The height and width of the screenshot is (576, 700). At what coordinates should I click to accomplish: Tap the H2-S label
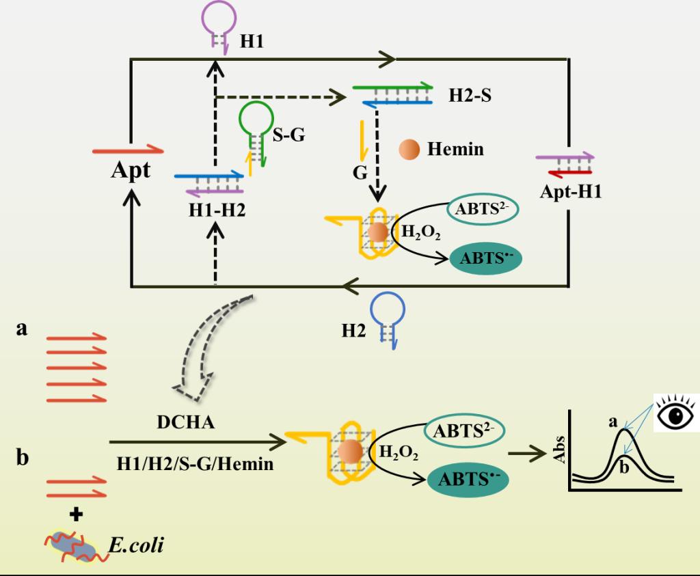pyautogui.click(x=470, y=95)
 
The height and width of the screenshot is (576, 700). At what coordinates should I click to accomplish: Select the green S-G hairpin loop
pyautogui.click(x=256, y=105)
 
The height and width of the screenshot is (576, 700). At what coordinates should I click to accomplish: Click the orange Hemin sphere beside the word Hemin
pyautogui.click(x=409, y=149)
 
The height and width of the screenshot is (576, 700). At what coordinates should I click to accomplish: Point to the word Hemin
pyautogui.click(x=455, y=149)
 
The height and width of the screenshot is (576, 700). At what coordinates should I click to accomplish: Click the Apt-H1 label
pyautogui.click(x=571, y=191)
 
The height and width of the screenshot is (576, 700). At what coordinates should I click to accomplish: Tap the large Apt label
pyautogui.click(x=131, y=170)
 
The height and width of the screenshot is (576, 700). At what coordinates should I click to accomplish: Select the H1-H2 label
pyautogui.click(x=217, y=210)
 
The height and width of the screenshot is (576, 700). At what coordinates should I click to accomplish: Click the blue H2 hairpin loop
pyautogui.click(x=388, y=295)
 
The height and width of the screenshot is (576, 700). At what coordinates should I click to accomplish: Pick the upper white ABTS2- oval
pyautogui.click(x=483, y=208)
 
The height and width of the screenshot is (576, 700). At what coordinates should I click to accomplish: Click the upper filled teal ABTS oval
pyautogui.click(x=485, y=258)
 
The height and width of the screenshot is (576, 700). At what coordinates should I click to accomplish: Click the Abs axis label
pyautogui.click(x=558, y=450)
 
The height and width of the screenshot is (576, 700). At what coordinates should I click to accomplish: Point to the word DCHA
pyautogui.click(x=186, y=422)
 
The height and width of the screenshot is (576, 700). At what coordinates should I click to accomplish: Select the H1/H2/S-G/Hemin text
pyautogui.click(x=195, y=464)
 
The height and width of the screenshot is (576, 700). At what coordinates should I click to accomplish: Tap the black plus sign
pyautogui.click(x=76, y=515)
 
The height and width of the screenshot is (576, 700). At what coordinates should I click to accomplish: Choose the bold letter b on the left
pyautogui.click(x=23, y=457)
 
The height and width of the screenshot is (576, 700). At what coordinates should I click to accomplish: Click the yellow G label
pyautogui.click(x=360, y=172)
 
